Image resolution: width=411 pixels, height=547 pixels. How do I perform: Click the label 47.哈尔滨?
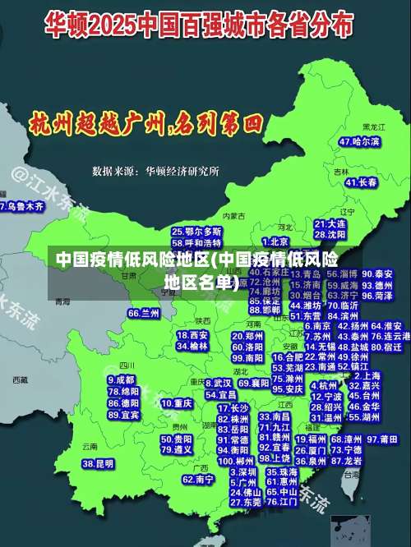(x=360, y=142)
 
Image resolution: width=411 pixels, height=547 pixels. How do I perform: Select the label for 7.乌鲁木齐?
(x=22, y=206)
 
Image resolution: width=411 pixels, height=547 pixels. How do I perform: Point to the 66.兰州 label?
(x=144, y=313)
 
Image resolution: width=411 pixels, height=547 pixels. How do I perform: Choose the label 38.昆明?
(x=98, y=464)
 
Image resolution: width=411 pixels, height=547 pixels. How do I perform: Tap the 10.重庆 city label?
(x=177, y=403)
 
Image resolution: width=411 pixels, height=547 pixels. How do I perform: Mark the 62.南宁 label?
(x=199, y=479)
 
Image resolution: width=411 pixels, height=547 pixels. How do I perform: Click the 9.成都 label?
(x=121, y=380)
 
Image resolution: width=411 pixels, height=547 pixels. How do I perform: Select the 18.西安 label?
(x=192, y=335)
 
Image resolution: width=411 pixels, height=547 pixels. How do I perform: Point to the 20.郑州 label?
(x=247, y=336)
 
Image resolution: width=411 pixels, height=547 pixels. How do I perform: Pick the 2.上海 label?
(x=366, y=375)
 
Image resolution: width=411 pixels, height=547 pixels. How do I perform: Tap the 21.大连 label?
(x=330, y=223)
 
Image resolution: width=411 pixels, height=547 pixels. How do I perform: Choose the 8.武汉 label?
(x=218, y=383)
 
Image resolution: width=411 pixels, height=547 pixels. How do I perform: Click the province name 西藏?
(x=20, y=380)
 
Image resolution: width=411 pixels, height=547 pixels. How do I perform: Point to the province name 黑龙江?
(x=374, y=127)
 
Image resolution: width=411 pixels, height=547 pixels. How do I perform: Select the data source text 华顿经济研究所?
(x=182, y=172)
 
